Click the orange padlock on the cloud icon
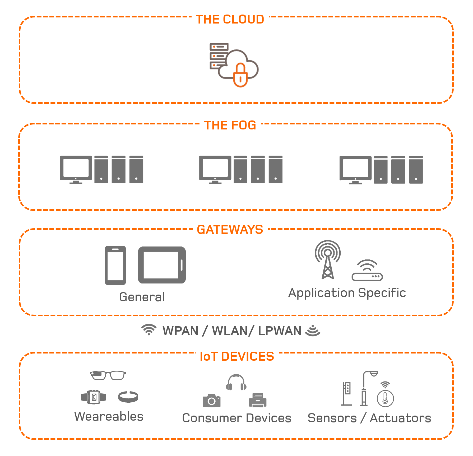tap(240, 76)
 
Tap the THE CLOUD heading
tap(230, 20)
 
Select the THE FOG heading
tap(230, 125)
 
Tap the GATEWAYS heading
tap(230, 230)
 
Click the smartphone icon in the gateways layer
tap(115, 265)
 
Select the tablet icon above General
tap(162, 265)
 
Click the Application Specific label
tap(347, 293)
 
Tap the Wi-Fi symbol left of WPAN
tap(149, 330)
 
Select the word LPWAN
tap(280, 331)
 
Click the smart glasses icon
tap(108, 375)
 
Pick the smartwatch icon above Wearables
tap(94, 397)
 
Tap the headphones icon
tap(236, 382)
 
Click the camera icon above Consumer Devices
tap(211, 401)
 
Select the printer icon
tap(258, 400)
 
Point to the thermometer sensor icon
tap(385, 396)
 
